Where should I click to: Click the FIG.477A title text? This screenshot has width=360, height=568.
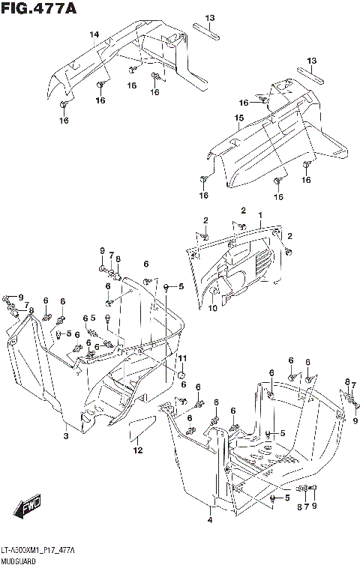click(39, 8)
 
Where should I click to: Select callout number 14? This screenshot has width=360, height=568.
click(94, 34)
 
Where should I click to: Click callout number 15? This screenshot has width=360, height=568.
click(239, 118)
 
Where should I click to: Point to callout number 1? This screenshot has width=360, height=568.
click(260, 216)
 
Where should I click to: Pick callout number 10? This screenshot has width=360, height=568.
click(213, 308)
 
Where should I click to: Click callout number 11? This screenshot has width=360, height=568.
click(182, 358)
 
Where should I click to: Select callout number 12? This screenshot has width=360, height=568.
click(138, 450)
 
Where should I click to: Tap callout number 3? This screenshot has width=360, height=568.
click(66, 436)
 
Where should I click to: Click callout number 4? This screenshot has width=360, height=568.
click(210, 521)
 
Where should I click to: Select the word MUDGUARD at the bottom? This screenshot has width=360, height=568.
click(18, 562)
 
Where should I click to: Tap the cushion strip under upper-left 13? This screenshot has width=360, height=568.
click(206, 31)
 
